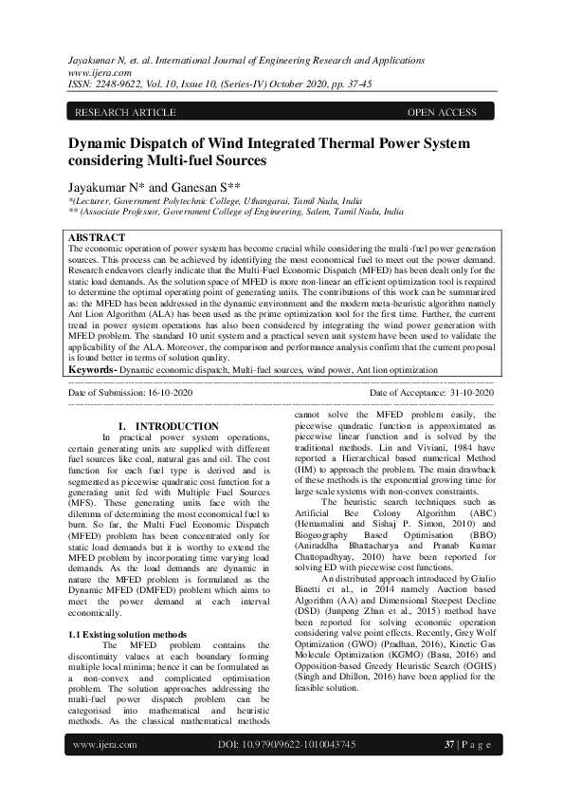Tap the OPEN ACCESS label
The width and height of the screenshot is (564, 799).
(x=442, y=113)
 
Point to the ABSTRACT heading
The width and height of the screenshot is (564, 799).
(x=97, y=236)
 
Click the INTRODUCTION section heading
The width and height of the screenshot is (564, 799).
(x=177, y=426)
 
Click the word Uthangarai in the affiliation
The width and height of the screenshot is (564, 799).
(x=259, y=201)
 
